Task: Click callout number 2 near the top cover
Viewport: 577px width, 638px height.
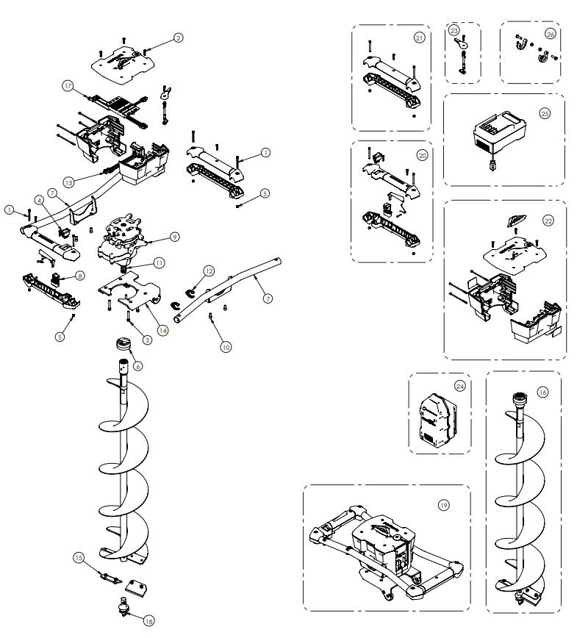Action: [178, 37]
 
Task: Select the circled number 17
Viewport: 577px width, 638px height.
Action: [68, 86]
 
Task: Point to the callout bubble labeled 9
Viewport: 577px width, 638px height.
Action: [174, 237]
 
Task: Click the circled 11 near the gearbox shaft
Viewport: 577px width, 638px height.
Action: [159, 262]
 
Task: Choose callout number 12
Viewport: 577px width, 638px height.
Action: [209, 271]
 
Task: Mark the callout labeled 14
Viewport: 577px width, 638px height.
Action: [162, 330]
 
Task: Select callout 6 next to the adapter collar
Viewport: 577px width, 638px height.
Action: [137, 365]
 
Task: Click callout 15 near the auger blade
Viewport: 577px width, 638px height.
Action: [79, 558]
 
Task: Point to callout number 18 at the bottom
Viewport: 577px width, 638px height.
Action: [149, 621]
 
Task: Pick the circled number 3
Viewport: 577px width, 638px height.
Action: [148, 340]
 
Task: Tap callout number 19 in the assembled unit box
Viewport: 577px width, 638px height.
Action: [443, 505]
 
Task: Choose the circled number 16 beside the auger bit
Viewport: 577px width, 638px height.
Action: [542, 393]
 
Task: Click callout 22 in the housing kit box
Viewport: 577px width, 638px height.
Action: [548, 220]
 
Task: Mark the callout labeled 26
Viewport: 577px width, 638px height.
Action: [551, 34]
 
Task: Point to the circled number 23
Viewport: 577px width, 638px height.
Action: [454, 31]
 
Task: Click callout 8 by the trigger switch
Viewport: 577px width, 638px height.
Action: [79, 276]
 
